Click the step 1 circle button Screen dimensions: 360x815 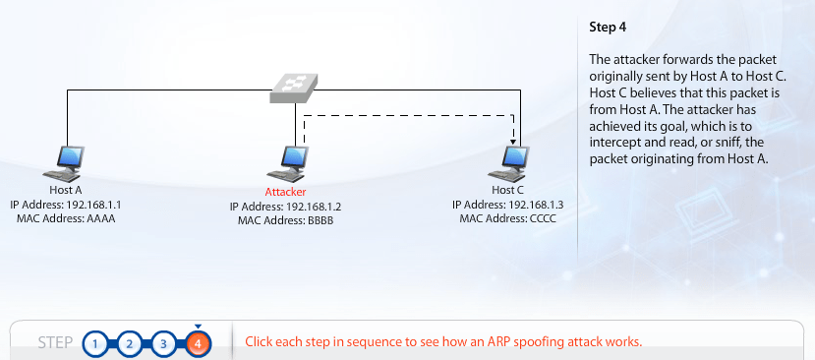click(x=95, y=343)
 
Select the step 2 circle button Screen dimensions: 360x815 click(x=130, y=343)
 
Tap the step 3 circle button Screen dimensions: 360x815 click(x=164, y=343)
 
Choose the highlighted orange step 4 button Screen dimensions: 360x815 click(x=198, y=343)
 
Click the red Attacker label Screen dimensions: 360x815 click(x=285, y=192)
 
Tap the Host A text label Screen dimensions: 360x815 click(x=66, y=190)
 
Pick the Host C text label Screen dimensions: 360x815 click(x=508, y=190)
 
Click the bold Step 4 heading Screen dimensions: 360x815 click(x=607, y=27)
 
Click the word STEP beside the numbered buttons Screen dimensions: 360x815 click(x=55, y=343)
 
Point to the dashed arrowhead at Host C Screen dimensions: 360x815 click(x=514, y=140)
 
